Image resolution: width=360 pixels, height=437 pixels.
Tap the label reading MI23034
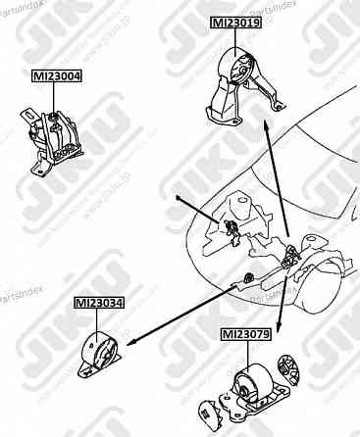coord(99,304)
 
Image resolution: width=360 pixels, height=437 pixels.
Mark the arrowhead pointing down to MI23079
coord(280,332)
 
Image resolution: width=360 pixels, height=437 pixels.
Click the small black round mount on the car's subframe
coord(251,272)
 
